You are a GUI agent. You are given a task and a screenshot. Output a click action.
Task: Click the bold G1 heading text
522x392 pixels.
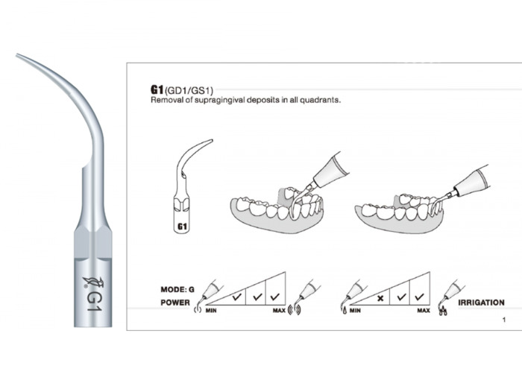tap(157, 89)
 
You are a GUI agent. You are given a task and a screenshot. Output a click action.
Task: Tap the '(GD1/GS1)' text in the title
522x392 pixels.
tap(189, 90)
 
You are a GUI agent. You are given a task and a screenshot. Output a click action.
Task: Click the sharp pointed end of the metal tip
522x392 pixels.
tap(17, 55)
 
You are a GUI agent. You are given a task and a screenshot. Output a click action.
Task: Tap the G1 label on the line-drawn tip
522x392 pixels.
tap(182, 227)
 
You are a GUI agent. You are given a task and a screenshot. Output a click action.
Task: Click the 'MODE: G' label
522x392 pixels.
tap(177, 289)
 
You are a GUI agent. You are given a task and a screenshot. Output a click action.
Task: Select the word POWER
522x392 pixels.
tap(175, 303)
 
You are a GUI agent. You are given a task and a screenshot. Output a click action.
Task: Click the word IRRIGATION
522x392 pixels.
tap(481, 303)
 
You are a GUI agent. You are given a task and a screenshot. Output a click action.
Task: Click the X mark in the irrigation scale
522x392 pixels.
tap(380, 298)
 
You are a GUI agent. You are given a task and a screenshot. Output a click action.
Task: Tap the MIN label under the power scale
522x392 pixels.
tap(211, 311)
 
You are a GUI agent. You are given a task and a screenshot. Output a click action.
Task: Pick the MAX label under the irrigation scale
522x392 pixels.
tap(423, 311)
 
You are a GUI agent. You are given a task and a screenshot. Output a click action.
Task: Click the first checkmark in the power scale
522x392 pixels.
tap(236, 296)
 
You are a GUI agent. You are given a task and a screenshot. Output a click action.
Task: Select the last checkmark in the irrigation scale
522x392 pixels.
tap(419, 296)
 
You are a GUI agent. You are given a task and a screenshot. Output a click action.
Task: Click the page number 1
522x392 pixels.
tap(504, 320)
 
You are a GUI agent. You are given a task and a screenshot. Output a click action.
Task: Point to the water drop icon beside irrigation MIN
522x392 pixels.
tap(345, 311)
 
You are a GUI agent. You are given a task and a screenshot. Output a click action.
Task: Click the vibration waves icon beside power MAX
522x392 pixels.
tap(295, 310)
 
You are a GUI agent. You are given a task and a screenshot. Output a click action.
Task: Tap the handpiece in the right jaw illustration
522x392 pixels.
tap(469, 181)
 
